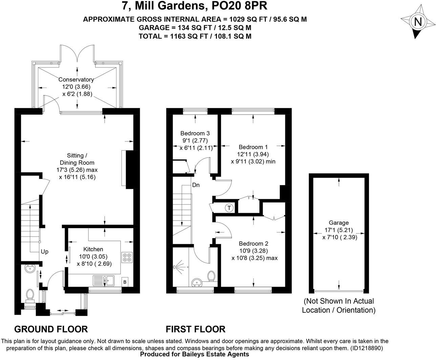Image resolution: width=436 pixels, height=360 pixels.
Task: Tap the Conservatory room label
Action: click(76, 80)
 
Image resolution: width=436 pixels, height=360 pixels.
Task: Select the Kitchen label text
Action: click(93, 249)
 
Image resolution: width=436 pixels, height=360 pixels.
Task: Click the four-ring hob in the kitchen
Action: click(127, 257)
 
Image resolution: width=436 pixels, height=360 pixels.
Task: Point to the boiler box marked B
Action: click(125, 282)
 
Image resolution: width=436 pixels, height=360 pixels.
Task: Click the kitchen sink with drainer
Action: click(104, 280)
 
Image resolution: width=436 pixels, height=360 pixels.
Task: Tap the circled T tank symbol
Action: click(229, 208)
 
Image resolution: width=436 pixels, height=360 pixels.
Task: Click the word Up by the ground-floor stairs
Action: click(45, 252)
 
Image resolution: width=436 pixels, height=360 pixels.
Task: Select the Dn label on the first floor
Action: click(196, 185)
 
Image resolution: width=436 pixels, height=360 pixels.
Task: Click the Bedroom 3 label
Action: click(195, 133)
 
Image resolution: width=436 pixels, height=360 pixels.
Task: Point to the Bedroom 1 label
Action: click(253, 147)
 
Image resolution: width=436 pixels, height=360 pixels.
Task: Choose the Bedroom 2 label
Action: click(254, 244)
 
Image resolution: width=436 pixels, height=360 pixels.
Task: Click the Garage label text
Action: click(339, 223)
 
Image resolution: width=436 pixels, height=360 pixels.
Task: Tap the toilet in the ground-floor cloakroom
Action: click(30, 295)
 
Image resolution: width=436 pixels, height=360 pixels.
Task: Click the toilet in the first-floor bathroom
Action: click(212, 276)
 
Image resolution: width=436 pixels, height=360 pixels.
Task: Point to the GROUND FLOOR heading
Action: click(51, 329)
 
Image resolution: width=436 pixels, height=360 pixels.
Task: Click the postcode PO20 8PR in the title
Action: click(239, 6)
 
